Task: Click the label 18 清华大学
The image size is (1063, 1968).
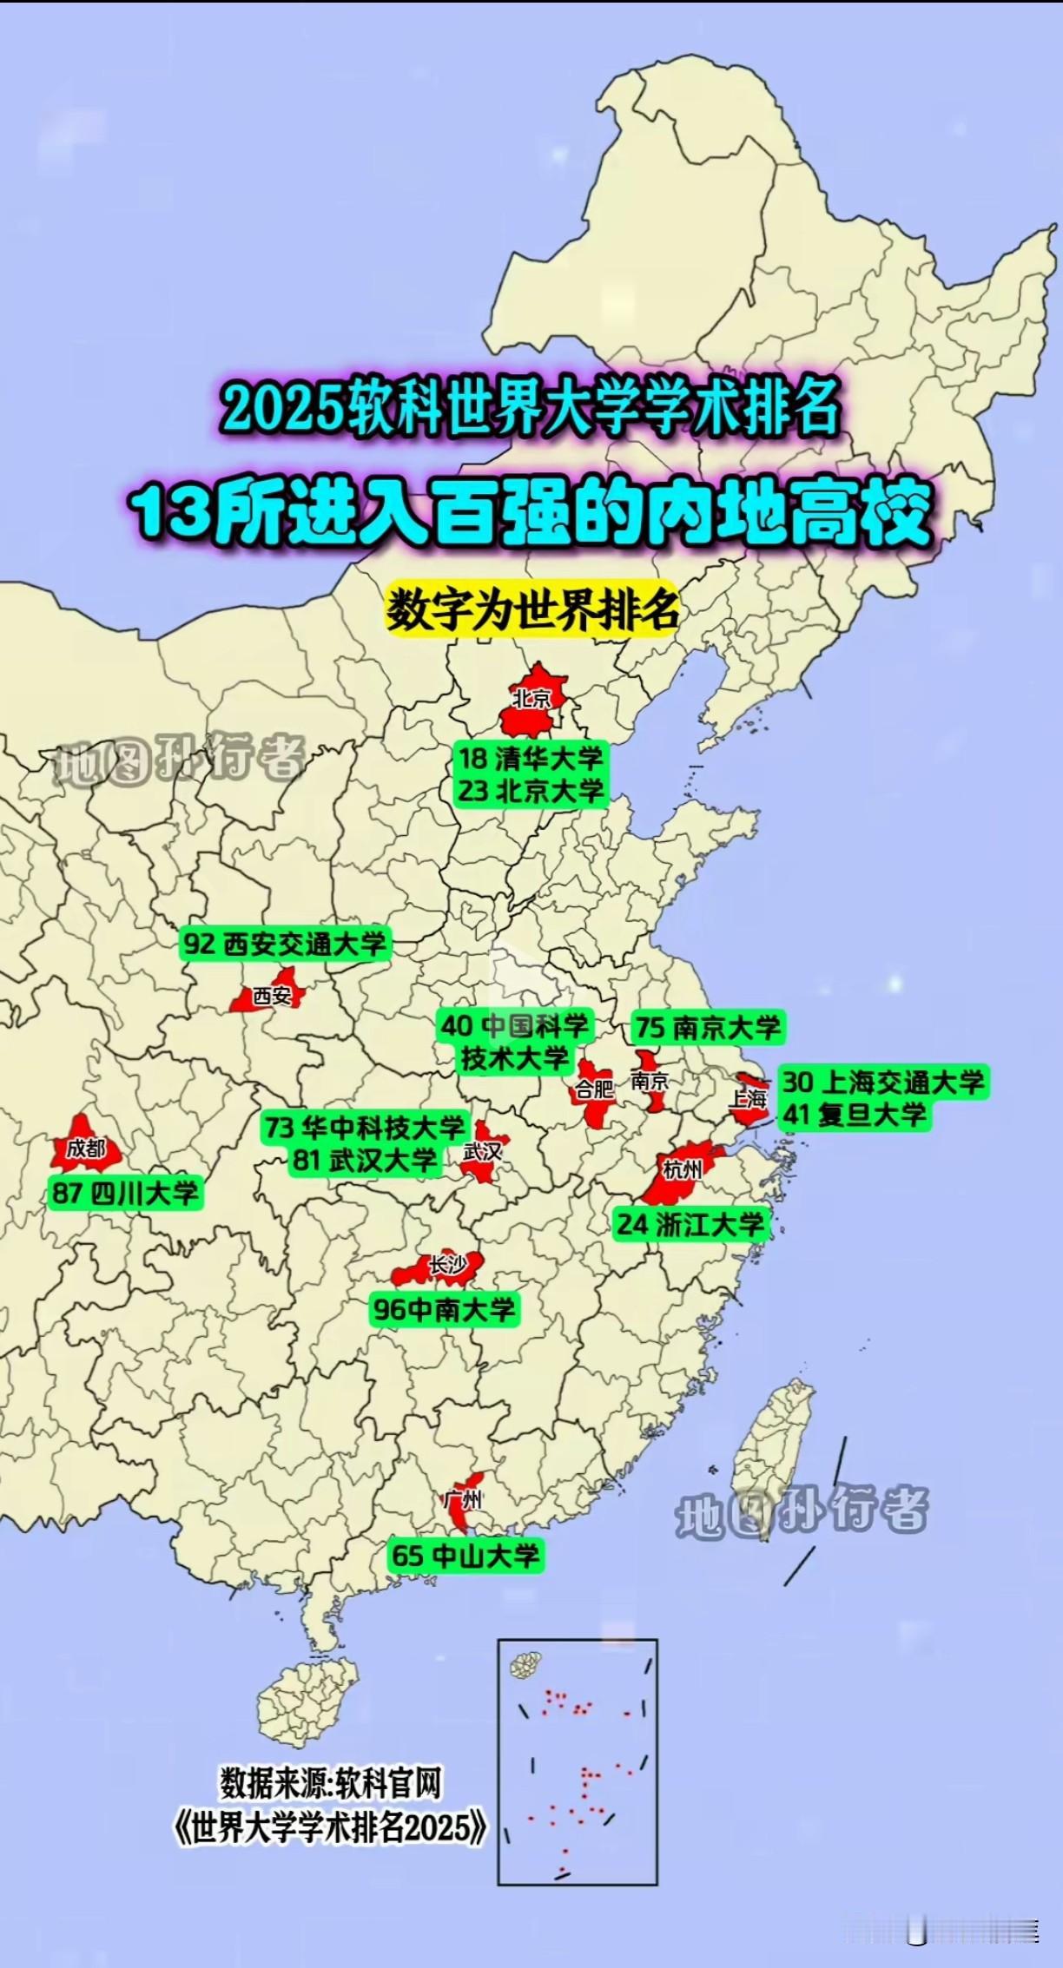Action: [531, 759]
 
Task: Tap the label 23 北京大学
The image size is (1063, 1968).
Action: [531, 791]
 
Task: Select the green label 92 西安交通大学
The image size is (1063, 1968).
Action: [285, 944]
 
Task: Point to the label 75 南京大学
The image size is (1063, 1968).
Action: [708, 1028]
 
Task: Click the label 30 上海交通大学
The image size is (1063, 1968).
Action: [883, 1083]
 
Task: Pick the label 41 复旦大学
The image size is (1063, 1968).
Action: [855, 1115]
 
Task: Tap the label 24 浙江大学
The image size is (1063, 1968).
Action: [690, 1225]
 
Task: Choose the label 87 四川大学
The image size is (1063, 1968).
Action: [126, 1193]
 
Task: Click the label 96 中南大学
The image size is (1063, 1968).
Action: [444, 1309]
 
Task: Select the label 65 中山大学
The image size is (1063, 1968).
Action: [465, 1555]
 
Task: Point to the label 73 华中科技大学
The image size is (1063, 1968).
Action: [366, 1128]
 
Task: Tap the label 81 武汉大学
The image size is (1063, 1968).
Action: [365, 1160]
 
